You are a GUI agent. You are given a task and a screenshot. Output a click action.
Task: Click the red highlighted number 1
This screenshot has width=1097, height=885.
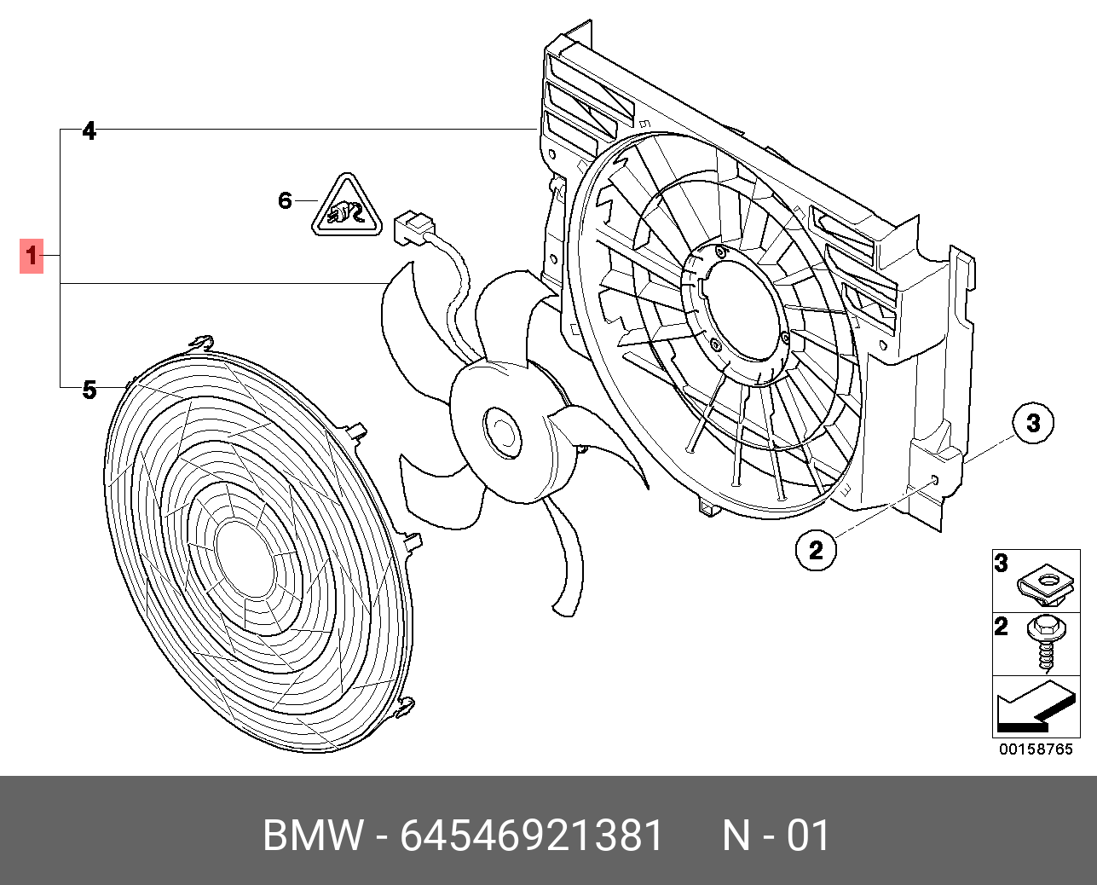click(x=32, y=255)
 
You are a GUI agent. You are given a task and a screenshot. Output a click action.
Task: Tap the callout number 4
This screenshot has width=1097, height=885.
click(x=89, y=131)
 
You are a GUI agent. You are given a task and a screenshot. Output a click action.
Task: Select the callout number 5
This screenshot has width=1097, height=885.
click(x=89, y=390)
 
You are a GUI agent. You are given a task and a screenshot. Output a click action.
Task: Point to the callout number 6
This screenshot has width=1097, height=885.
click(x=286, y=200)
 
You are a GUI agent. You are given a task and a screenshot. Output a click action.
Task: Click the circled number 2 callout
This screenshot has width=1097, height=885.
click(x=816, y=550)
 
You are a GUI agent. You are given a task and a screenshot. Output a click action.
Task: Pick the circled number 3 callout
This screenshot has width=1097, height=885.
click(x=1033, y=422)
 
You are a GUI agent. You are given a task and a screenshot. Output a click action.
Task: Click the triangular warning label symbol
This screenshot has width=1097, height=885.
click(x=346, y=207)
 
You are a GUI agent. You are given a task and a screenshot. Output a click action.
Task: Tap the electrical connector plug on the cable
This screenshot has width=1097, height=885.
click(x=413, y=226)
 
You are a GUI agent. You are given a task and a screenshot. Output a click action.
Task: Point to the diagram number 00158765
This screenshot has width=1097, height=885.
click(x=1036, y=749)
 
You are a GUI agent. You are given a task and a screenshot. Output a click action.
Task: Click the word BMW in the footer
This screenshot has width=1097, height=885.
click(x=313, y=836)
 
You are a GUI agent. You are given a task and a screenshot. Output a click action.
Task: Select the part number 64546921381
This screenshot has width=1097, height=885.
click(x=532, y=836)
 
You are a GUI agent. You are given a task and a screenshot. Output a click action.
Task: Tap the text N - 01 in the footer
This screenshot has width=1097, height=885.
click(x=776, y=836)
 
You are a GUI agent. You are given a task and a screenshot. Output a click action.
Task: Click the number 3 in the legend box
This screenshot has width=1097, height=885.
click(x=1002, y=563)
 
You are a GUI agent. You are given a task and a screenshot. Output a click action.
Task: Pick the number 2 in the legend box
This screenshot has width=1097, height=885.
click(x=1002, y=627)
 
